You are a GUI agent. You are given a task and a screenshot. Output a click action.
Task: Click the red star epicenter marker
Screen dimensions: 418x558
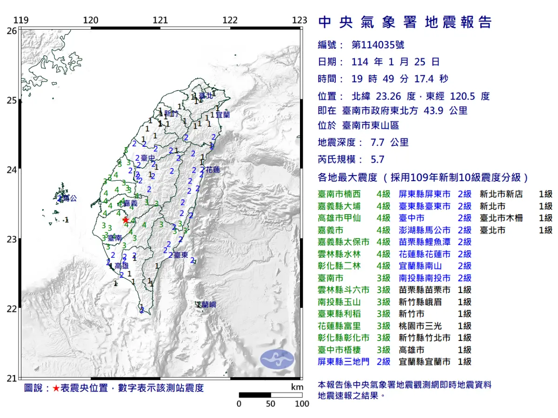pos(125,220)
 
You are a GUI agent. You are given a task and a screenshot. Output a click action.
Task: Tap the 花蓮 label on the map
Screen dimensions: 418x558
pos(213,170)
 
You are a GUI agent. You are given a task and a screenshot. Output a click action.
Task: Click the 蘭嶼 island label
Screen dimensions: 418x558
pos(207,305)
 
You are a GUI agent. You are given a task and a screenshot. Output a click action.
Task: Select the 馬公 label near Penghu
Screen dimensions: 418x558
pos(68,198)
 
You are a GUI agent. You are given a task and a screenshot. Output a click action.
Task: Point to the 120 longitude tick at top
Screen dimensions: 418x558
pos(90,20)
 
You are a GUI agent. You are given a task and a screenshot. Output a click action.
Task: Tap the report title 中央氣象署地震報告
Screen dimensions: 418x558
pos(405,22)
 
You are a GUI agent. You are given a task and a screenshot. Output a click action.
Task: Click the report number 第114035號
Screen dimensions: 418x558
pos(378,45)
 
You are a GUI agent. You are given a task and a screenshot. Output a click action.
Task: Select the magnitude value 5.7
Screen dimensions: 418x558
pos(377,159)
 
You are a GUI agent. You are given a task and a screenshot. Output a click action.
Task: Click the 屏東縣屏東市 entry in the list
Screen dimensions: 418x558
pos(425,194)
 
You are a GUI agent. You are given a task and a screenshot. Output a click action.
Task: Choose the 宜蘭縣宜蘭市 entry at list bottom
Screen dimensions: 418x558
pos(425,361)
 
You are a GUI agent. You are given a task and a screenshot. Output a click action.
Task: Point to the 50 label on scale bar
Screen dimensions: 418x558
pos(271,404)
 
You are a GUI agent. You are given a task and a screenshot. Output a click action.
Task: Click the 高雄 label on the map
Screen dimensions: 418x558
pos(121,266)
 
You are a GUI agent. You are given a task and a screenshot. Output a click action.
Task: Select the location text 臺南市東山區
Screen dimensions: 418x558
pos(370,125)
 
